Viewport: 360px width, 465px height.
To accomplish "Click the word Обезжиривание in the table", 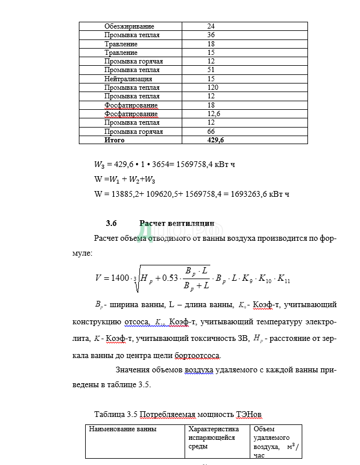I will point(129,26).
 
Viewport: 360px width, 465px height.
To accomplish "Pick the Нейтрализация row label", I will point(128,79).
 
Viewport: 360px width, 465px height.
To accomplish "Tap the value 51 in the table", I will point(211,70).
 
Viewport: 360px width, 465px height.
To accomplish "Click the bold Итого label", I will point(114,140).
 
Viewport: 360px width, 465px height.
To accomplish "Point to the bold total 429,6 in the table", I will point(215,140).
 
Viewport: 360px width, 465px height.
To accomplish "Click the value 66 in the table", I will point(211,132).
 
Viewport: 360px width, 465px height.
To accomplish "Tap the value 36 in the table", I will point(211,35).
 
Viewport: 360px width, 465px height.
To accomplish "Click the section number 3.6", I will point(111,224).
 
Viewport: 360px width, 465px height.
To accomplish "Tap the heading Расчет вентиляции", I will point(177,224).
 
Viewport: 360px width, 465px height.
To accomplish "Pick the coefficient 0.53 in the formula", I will point(166,278).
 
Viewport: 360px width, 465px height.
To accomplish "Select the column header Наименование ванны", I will point(122,429).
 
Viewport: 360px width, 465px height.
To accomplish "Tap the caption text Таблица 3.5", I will point(116,414).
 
